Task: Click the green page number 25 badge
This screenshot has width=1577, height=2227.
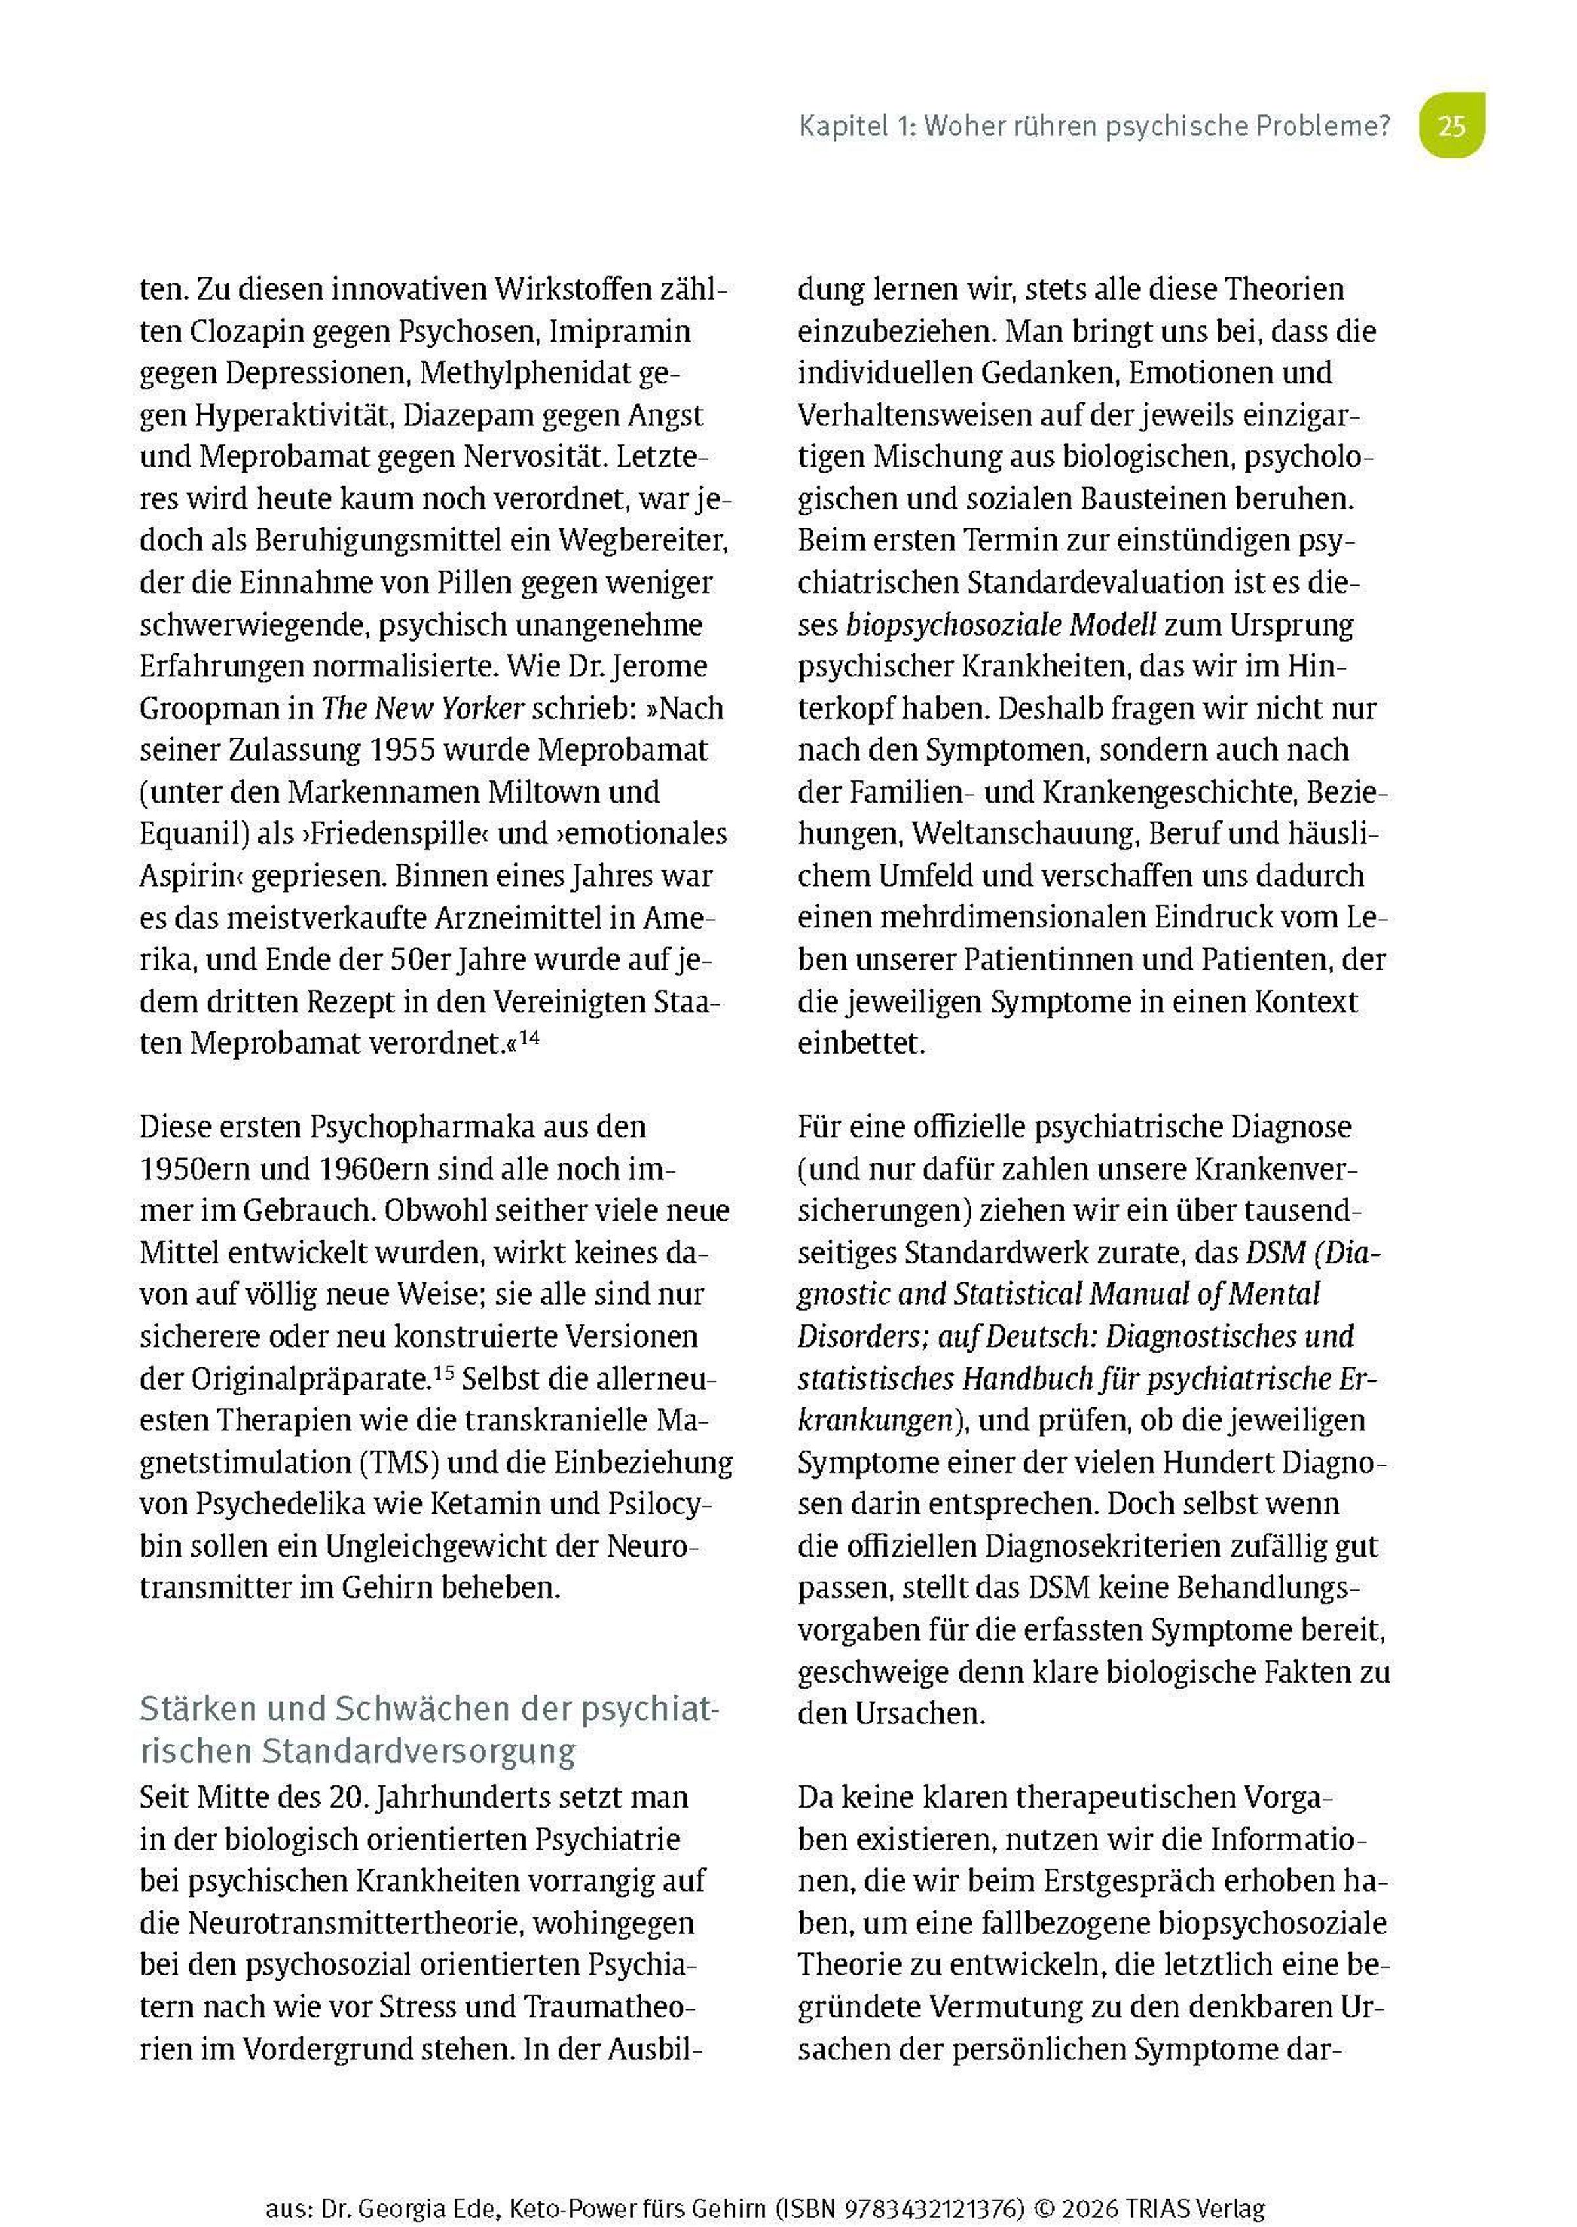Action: [x=1451, y=126]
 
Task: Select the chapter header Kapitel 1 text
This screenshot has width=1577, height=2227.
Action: [x=1095, y=126]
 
